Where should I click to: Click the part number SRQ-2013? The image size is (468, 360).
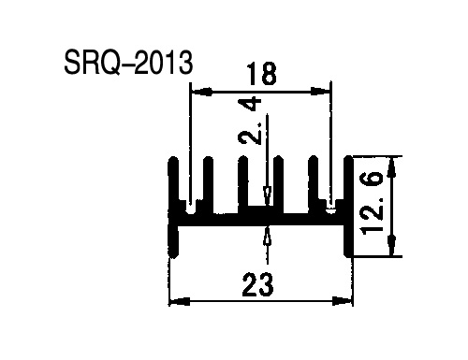[128, 64]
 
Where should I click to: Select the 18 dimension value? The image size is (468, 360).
[261, 74]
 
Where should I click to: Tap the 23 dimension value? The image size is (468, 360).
[257, 284]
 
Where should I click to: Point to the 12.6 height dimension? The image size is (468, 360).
[372, 203]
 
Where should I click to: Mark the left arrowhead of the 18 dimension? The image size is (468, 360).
[201, 92]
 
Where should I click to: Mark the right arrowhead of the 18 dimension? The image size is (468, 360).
[320, 92]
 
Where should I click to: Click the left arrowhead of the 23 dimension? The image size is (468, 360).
[180, 301]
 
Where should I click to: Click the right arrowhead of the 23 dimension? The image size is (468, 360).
[343, 301]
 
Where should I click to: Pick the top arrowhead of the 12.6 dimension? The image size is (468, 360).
[392, 168]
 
